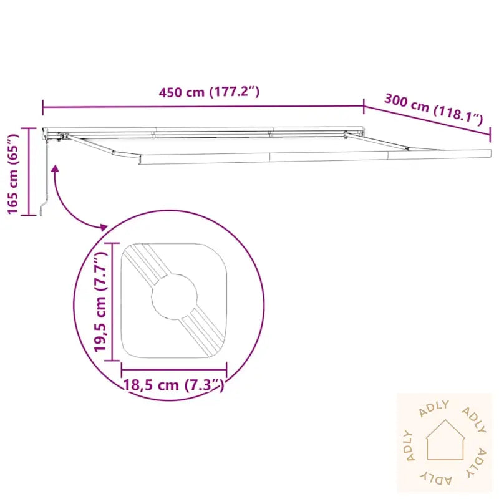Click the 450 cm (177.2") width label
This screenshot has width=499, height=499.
point(208,92)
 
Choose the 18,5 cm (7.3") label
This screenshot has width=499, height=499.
point(173,385)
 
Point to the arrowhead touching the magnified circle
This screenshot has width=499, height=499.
point(104,226)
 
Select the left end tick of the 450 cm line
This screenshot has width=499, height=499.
point(43,107)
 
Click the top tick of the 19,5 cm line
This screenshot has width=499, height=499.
point(112,244)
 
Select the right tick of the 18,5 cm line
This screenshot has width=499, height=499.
point(226,369)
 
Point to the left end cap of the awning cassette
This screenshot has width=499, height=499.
point(44,132)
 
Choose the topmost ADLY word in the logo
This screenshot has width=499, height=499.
point(435,407)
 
